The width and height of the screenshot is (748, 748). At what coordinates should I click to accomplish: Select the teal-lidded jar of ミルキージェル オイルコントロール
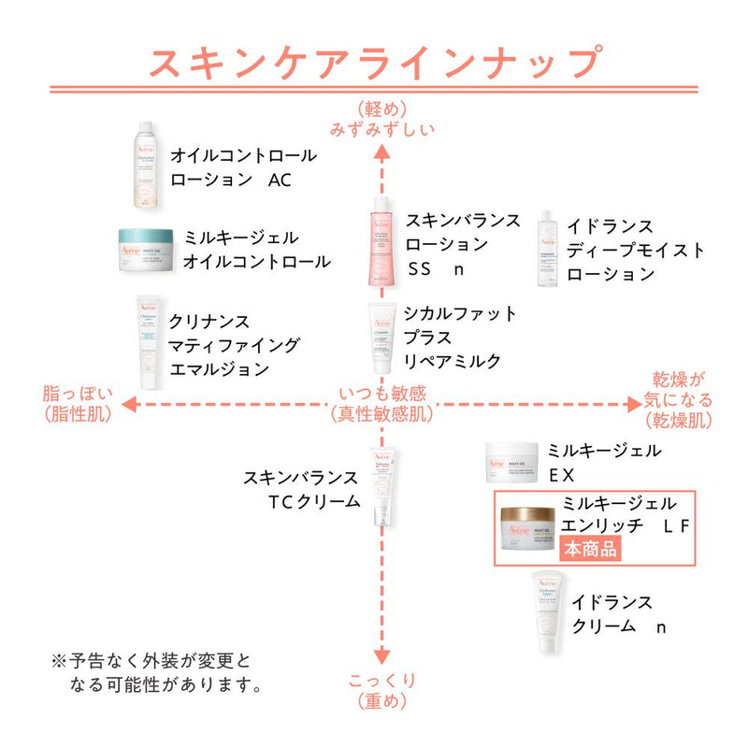pos(146,250)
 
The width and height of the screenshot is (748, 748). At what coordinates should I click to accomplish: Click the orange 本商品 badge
pos(589,549)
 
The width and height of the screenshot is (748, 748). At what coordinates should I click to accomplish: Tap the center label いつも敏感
pos(381,394)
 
